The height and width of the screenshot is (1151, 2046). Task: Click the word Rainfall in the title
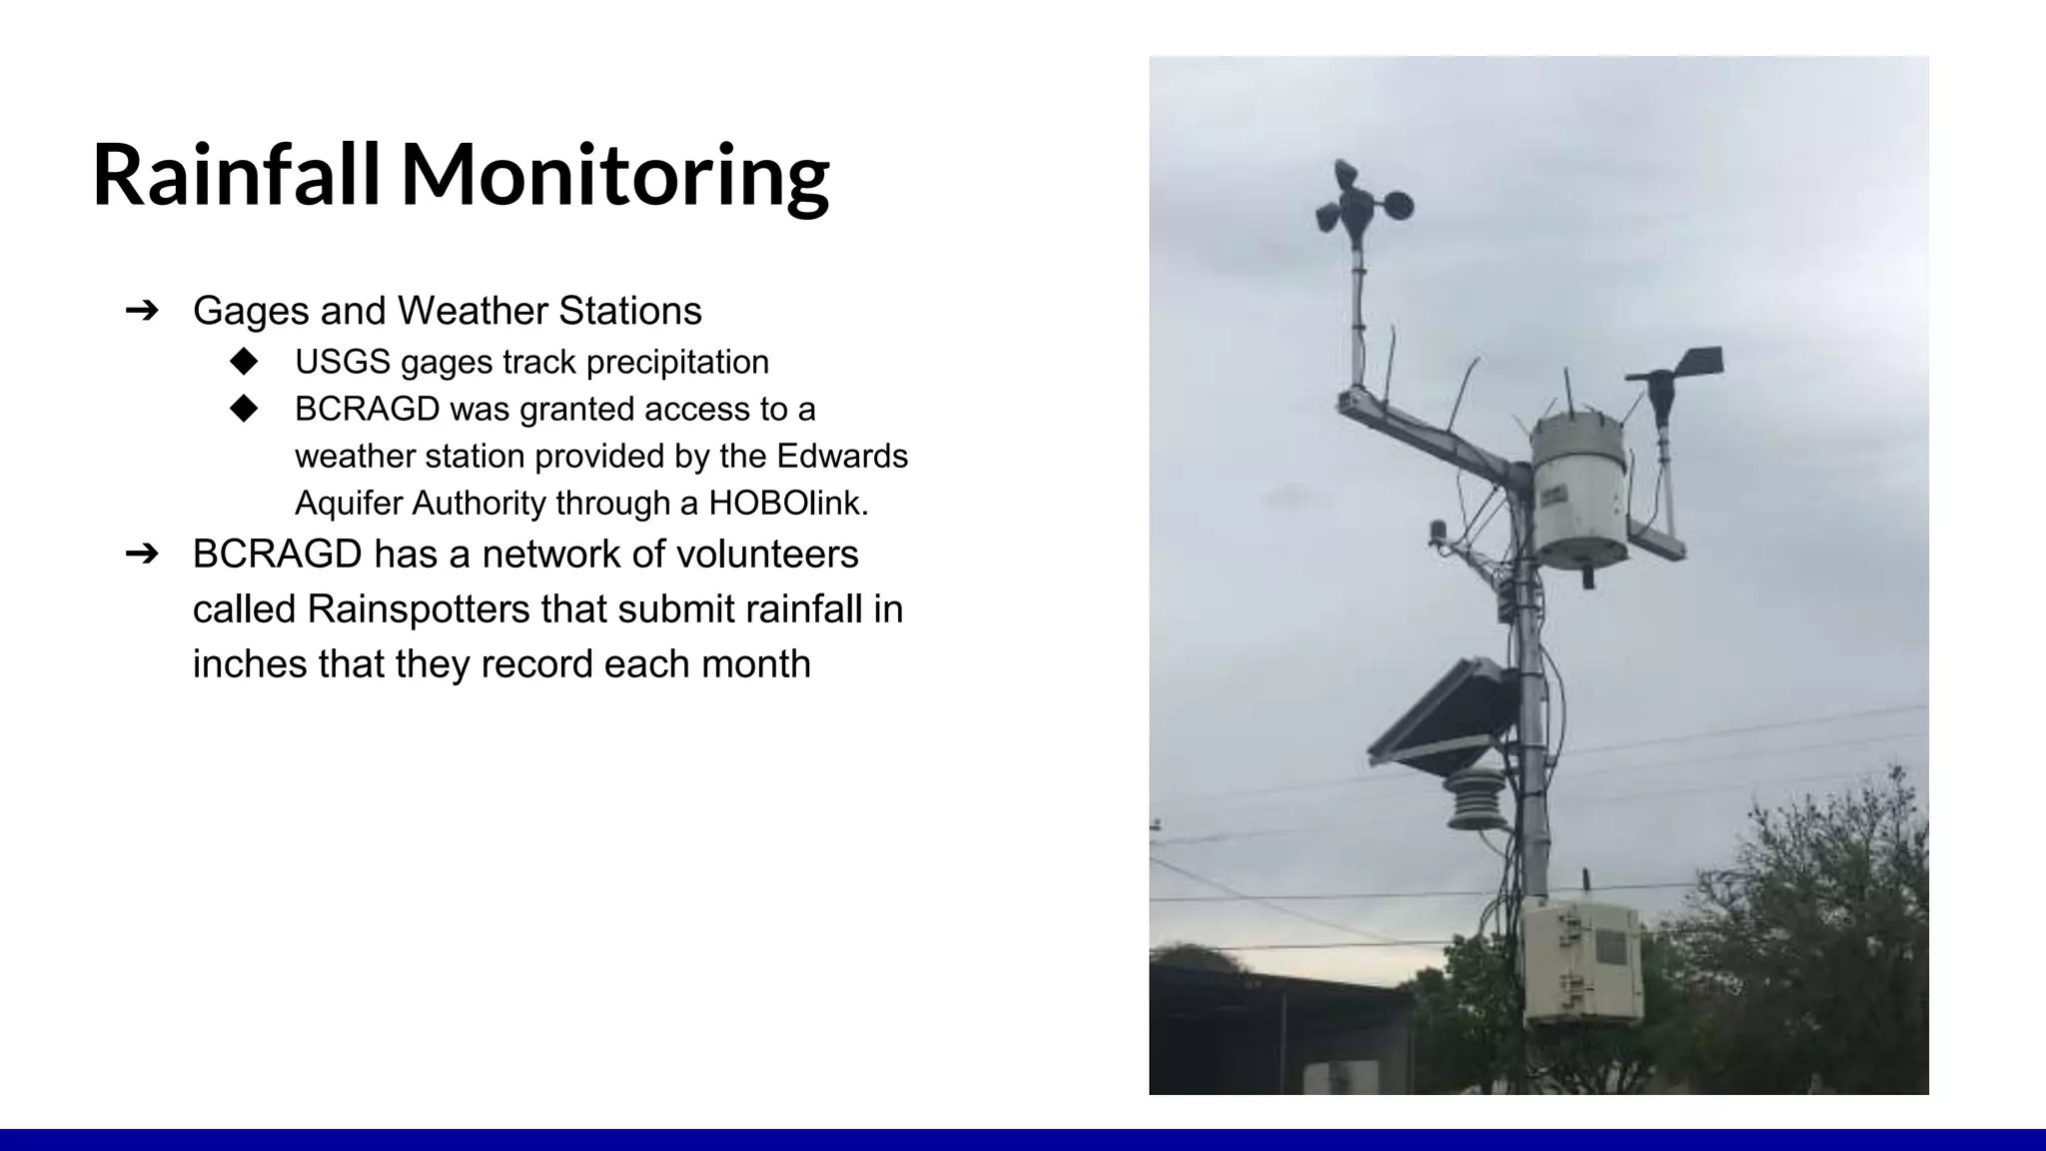click(236, 175)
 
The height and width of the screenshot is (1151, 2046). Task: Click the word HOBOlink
click(788, 503)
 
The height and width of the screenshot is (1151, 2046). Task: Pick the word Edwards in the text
click(842, 456)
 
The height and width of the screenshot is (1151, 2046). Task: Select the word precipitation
click(677, 362)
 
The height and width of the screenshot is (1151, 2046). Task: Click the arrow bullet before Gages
click(142, 311)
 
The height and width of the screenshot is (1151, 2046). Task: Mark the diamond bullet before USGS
click(243, 361)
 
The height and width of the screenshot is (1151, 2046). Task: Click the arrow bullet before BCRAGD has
click(142, 554)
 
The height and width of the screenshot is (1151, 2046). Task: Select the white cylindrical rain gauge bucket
click(1579, 495)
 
